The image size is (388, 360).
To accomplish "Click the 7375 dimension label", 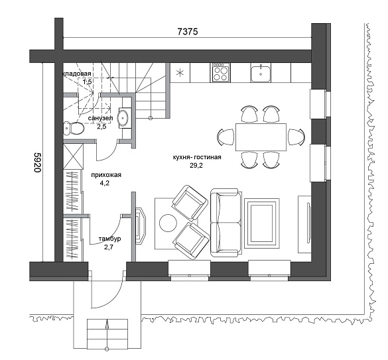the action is pyautogui.click(x=188, y=32).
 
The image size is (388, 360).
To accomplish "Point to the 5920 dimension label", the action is pyautogui.click(x=37, y=162).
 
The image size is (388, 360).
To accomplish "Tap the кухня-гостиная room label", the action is pyautogui.click(x=197, y=157).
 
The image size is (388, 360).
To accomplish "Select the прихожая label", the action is pyautogui.click(x=106, y=175).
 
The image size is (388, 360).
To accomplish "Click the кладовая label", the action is pyautogui.click(x=76, y=74).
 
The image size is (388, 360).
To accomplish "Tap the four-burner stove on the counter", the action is pyautogui.click(x=220, y=72).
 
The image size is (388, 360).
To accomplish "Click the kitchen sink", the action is pyautogui.click(x=260, y=72).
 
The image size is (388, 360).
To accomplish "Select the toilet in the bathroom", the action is pyautogui.click(x=74, y=129).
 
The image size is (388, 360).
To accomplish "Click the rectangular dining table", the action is pyautogui.click(x=261, y=137).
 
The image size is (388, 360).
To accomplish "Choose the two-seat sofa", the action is pyautogui.click(x=226, y=223).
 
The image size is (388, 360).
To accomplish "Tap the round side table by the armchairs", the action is pyautogui.click(x=168, y=223).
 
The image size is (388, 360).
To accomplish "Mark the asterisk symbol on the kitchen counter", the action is pyautogui.click(x=180, y=73).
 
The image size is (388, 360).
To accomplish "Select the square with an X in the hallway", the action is pyautogui.click(x=74, y=156).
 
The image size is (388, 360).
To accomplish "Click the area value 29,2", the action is pyautogui.click(x=196, y=166).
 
